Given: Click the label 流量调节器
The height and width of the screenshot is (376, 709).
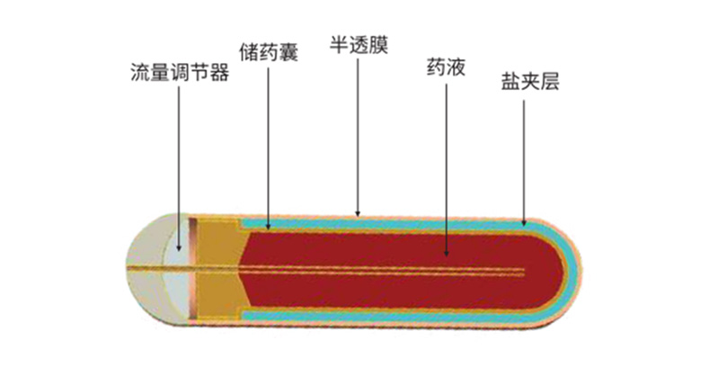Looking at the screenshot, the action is click(x=180, y=72).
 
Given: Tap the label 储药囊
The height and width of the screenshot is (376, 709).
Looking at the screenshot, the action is click(x=269, y=52).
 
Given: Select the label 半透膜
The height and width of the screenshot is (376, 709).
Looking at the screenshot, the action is click(x=359, y=45).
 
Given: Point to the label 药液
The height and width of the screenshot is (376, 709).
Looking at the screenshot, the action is click(x=446, y=67).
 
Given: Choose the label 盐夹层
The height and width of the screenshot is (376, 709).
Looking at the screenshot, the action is click(x=530, y=81).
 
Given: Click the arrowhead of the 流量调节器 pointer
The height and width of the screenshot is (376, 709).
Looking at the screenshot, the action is click(x=179, y=248).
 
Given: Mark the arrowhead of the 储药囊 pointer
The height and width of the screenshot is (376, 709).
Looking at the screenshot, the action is click(x=268, y=227).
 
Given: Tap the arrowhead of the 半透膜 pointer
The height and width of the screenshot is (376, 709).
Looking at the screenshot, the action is click(x=358, y=213).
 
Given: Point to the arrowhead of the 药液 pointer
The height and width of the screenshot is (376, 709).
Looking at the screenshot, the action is click(x=447, y=254).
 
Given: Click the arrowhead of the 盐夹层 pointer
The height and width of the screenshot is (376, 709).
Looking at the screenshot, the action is click(x=524, y=222).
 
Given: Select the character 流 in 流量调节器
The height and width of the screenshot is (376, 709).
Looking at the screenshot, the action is click(x=140, y=72).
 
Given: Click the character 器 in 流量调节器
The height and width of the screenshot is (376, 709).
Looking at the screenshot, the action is click(x=220, y=72).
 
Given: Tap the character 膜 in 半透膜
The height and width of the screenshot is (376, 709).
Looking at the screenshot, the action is click(x=378, y=45).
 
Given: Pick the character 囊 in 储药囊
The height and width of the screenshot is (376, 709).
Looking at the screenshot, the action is click(x=288, y=52).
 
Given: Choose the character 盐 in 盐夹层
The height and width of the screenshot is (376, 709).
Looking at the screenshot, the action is click(x=510, y=81).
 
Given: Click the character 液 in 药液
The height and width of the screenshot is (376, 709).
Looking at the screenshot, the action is click(x=456, y=67).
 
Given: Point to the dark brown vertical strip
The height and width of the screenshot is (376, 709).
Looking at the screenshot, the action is click(x=193, y=269).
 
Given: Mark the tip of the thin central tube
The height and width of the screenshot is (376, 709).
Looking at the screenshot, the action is click(x=524, y=273).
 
